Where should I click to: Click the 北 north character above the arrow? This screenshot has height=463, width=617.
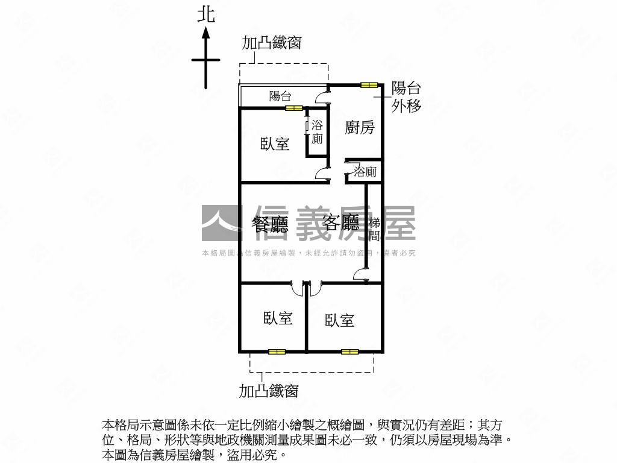(206, 14)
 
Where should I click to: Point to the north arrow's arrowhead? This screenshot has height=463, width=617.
(206, 33)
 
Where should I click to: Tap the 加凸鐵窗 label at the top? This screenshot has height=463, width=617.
(271, 43)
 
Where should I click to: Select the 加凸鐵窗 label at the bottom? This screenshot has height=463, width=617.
(269, 391)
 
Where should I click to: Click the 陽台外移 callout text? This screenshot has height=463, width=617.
(406, 96)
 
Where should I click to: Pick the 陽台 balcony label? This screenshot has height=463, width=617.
(280, 95)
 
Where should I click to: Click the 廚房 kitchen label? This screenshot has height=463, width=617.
(360, 127)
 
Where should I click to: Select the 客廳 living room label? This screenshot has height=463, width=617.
(341, 223)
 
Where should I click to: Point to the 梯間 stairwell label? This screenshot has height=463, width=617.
(374, 229)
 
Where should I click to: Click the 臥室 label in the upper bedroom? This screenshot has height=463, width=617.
(275, 144)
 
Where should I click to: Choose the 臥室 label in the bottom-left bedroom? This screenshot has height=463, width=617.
(278, 318)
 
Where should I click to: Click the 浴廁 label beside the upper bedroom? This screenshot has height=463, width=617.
(316, 132)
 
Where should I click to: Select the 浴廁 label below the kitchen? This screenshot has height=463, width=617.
(365, 172)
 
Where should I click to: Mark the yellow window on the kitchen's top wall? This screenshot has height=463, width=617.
(369, 85)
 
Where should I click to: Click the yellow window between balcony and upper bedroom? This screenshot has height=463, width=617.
(294, 109)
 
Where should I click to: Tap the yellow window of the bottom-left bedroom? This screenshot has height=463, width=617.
(277, 351)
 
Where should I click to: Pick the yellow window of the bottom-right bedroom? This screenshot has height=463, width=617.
(349, 351)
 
